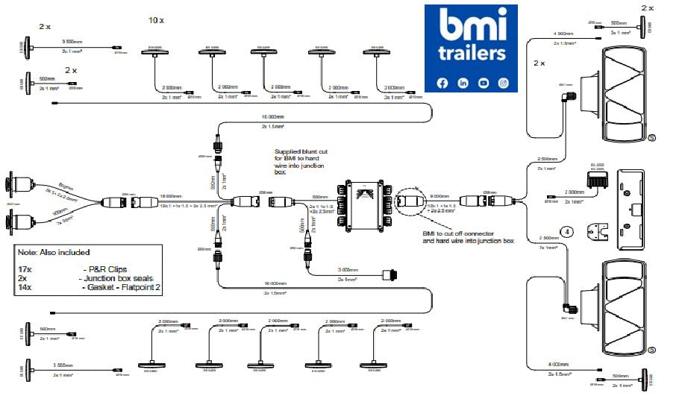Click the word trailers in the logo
(x=472, y=54)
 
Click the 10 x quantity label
(x=156, y=20)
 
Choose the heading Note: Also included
(x=54, y=252)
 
